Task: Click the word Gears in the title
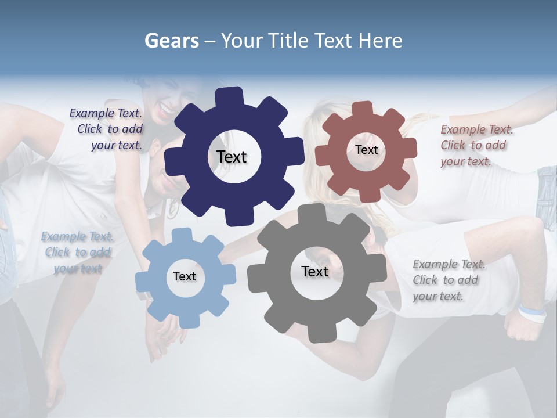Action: (x=171, y=41)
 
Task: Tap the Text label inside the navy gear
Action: (x=232, y=157)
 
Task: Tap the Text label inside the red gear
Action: (x=366, y=150)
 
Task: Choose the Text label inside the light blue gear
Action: (x=185, y=276)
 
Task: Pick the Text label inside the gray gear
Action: (x=315, y=271)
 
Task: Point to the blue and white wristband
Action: (x=532, y=313)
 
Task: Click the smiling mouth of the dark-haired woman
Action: (x=166, y=109)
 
